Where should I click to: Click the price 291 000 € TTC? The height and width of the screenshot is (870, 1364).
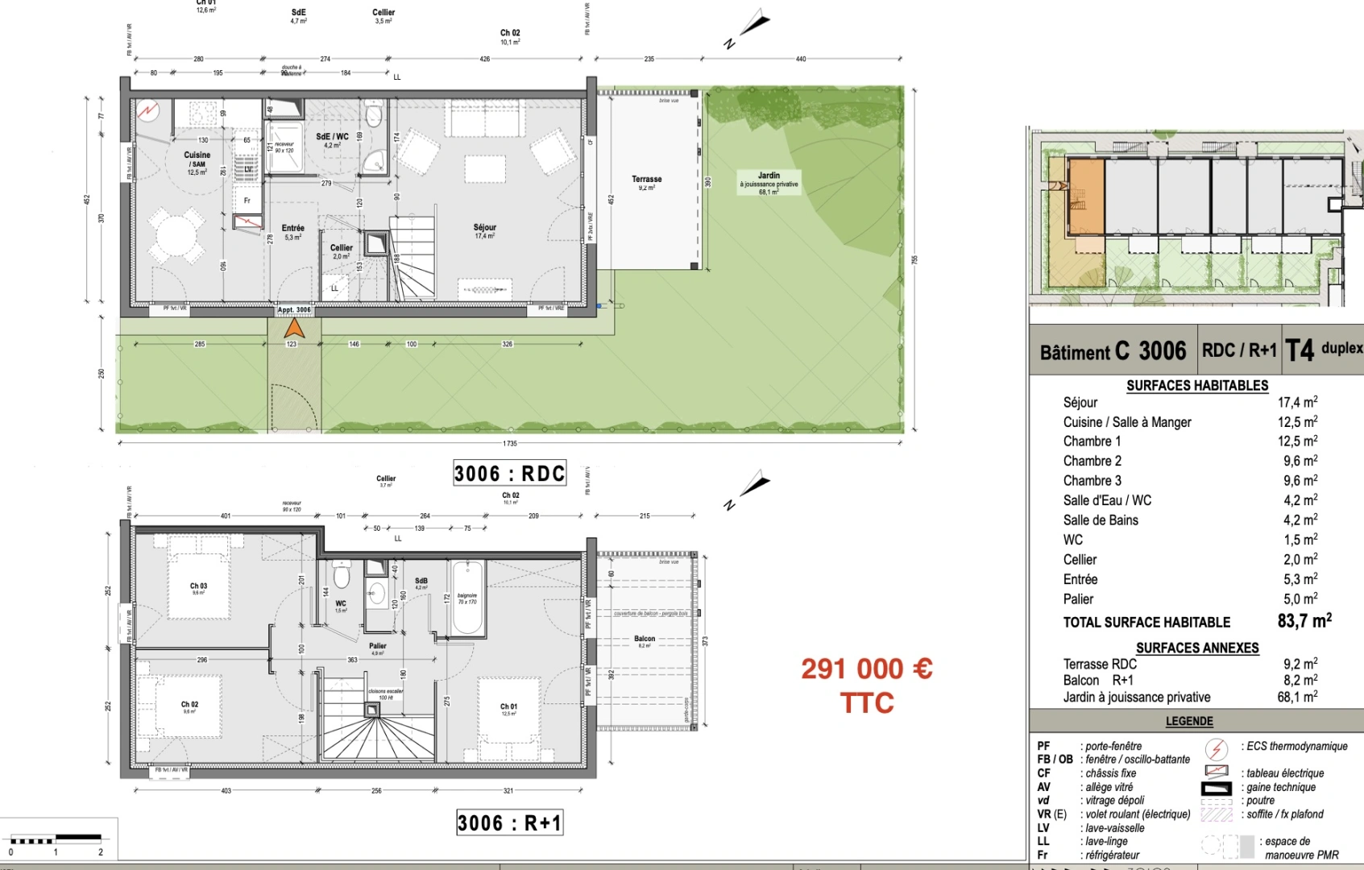click(867, 685)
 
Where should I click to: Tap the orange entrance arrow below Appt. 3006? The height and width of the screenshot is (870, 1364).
click(294, 329)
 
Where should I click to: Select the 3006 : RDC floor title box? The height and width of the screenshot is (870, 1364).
click(509, 473)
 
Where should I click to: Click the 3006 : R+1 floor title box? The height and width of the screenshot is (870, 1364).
click(509, 822)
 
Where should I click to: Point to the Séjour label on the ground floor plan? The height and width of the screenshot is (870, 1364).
click(484, 228)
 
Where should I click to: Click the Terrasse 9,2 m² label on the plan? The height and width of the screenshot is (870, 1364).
click(646, 182)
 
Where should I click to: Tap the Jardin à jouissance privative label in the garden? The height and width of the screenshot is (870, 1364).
click(769, 183)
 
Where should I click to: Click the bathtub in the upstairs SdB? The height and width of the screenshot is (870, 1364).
click(467, 598)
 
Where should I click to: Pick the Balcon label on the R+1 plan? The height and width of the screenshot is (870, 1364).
click(645, 640)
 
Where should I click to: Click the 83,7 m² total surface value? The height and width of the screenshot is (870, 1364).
click(1304, 621)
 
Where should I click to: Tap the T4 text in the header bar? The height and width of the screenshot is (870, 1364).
click(1299, 350)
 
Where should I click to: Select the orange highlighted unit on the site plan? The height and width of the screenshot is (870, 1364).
click(1085, 196)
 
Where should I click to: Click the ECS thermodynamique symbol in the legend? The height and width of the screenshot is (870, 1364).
click(1216, 748)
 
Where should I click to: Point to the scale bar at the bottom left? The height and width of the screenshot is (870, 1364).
click(56, 840)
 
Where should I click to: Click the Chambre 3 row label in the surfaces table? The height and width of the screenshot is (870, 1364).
click(1092, 481)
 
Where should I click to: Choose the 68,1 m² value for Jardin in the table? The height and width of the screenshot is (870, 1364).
click(1296, 697)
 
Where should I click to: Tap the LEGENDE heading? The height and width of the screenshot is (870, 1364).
click(1189, 721)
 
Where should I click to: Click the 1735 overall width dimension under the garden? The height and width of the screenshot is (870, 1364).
click(509, 443)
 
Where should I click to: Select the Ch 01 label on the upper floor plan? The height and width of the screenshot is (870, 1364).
click(508, 706)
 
